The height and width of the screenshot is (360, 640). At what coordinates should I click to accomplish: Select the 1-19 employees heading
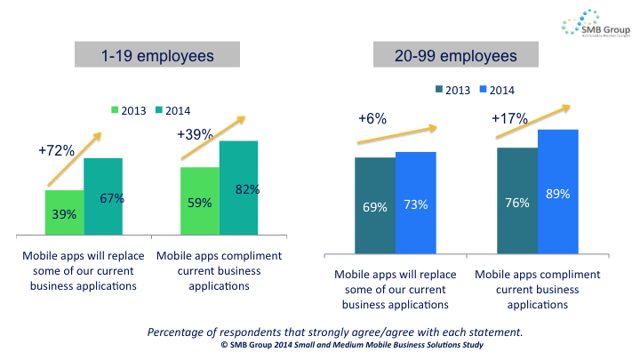159,56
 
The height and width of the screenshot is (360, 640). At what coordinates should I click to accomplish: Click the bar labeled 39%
65,213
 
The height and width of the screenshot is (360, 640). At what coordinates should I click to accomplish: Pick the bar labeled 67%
103,197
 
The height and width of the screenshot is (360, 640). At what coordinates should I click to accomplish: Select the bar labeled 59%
199,202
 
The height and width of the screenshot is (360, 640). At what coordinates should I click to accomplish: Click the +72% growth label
55,152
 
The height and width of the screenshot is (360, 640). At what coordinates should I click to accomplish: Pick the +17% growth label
509,118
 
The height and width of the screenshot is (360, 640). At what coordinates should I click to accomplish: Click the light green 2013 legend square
115,110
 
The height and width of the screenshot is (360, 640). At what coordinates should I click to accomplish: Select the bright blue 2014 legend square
484,90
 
